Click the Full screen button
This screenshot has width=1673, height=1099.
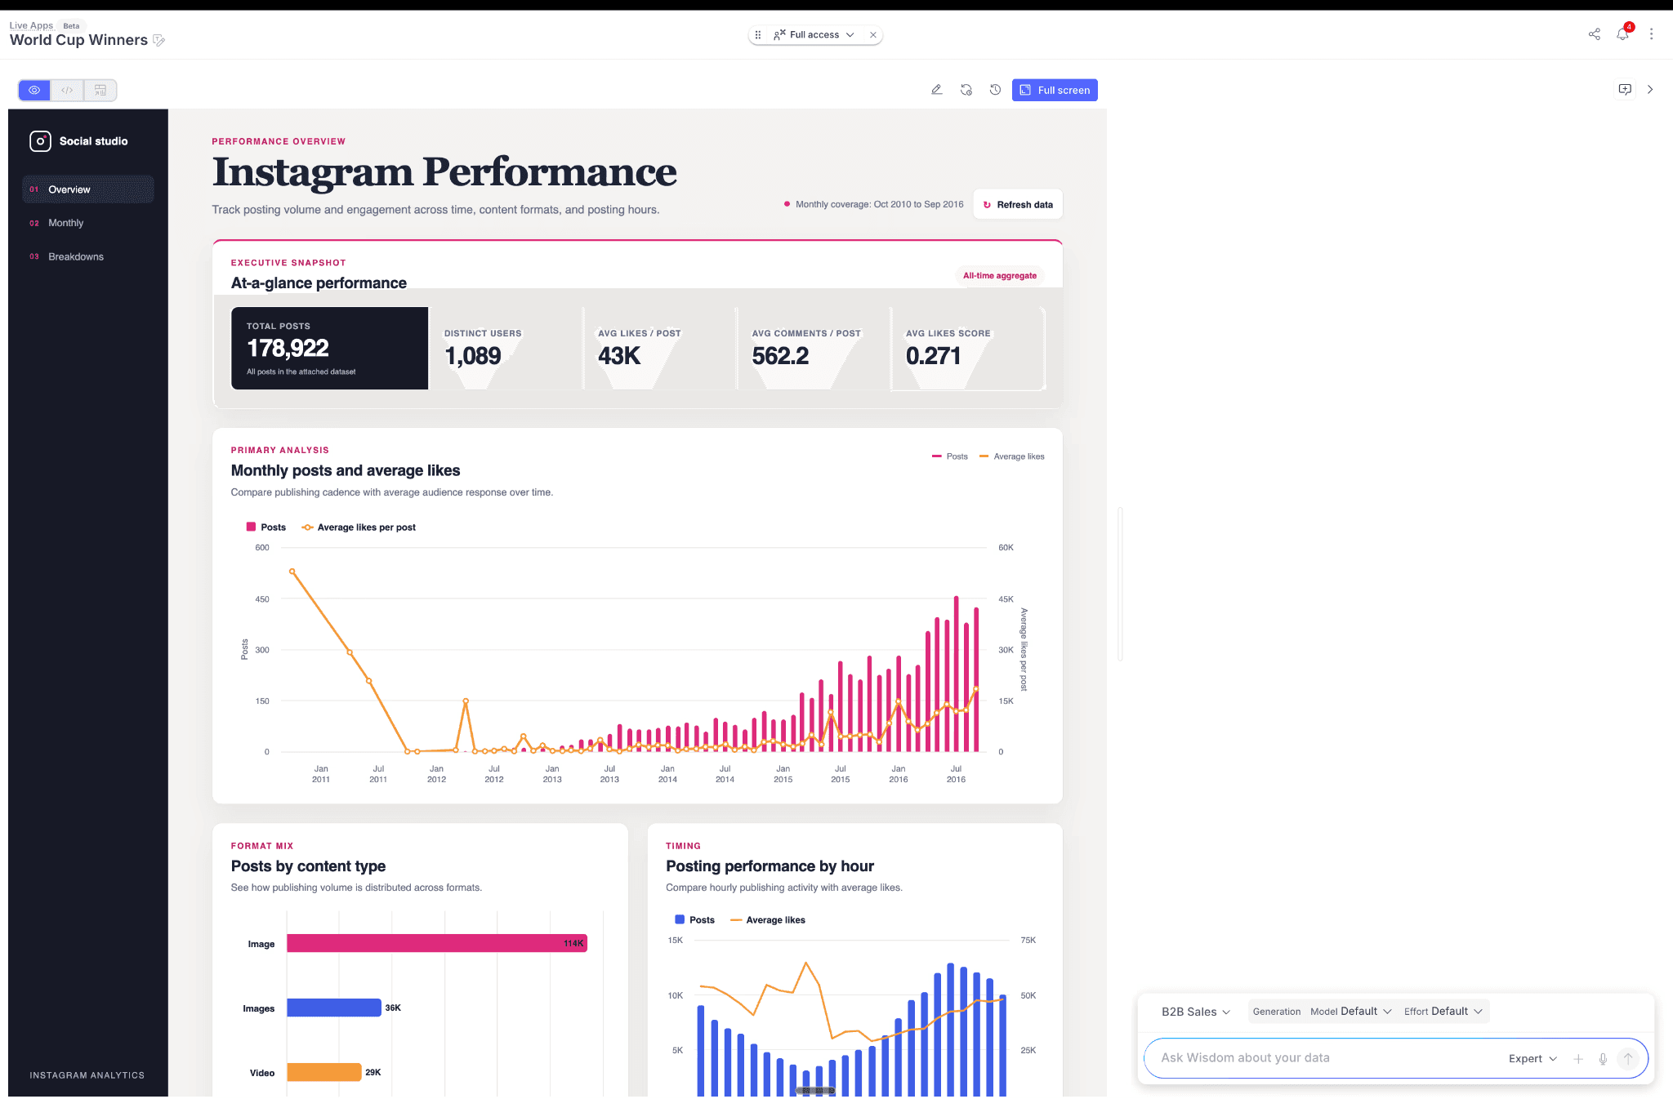[1054, 90]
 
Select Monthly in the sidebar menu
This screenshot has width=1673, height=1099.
[65, 223]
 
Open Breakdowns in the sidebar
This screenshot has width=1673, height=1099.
[76, 256]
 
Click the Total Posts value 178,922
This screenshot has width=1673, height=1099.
[288, 349]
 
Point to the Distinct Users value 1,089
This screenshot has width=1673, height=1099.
[473, 356]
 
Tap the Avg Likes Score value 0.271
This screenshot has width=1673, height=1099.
[933, 356]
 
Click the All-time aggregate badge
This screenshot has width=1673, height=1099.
[1000, 276]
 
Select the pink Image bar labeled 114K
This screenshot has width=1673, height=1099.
[437, 943]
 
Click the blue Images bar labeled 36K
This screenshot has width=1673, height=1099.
[334, 1008]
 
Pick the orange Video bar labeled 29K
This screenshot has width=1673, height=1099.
[324, 1072]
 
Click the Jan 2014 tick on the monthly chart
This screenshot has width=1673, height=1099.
[667, 774]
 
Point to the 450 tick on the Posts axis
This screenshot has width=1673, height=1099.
[261, 599]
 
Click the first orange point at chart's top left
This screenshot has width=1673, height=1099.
[292, 572]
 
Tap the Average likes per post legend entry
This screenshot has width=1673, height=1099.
[359, 527]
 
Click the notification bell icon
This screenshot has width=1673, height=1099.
[1622, 34]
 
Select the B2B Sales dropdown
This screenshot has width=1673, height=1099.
[1195, 1012]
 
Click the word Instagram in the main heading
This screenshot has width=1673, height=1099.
[313, 172]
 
